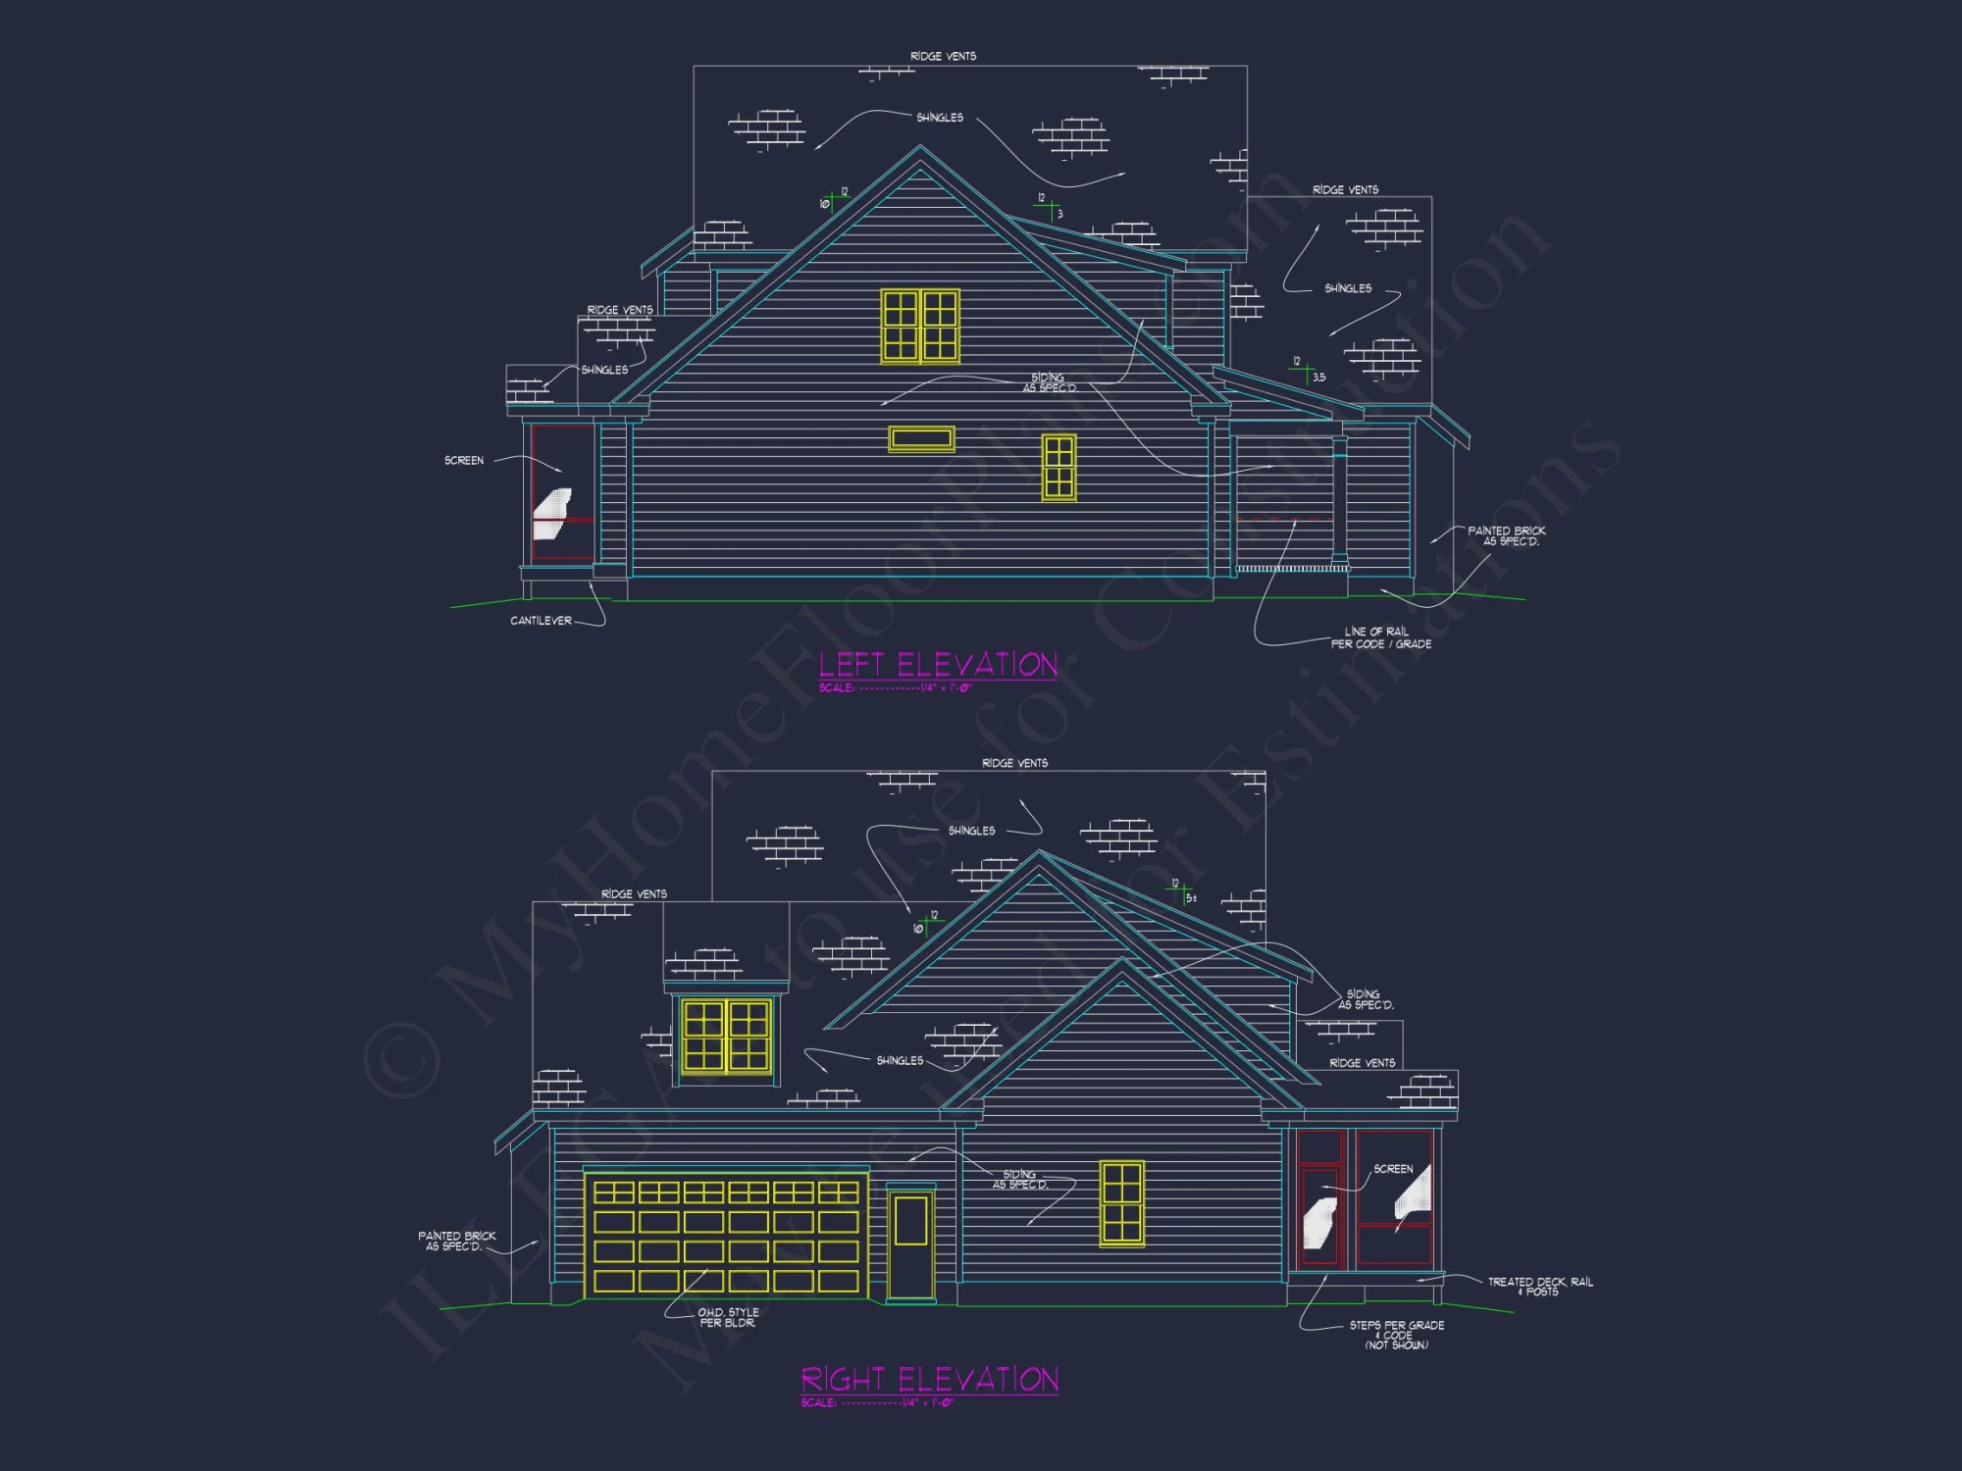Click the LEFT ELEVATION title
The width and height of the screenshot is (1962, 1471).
pyautogui.click(x=938, y=665)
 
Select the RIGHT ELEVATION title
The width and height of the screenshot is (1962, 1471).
pyautogui.click(x=929, y=1380)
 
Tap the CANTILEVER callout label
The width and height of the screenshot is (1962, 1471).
pyautogui.click(x=541, y=621)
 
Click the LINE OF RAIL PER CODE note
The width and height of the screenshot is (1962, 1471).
pyautogui.click(x=1380, y=638)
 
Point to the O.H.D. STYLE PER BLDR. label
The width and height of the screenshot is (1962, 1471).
pyautogui.click(x=728, y=1317)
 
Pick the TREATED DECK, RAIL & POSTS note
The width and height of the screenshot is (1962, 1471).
pyautogui.click(x=1540, y=1287)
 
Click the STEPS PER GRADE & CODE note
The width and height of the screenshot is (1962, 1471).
pyautogui.click(x=1396, y=1335)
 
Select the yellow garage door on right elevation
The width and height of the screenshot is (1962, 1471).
pyautogui.click(x=726, y=1237)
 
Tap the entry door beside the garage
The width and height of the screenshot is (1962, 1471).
pyautogui.click(x=911, y=1243)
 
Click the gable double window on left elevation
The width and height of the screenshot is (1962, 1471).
pyautogui.click(x=920, y=327)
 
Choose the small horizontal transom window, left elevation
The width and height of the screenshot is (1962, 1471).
pyautogui.click(x=921, y=438)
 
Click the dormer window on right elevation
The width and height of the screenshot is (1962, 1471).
pyautogui.click(x=727, y=1036)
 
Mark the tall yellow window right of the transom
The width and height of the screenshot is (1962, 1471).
pyautogui.click(x=1058, y=468)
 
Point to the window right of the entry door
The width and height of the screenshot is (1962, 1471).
pyautogui.click(x=1121, y=1203)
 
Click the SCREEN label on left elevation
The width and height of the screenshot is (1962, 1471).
pyautogui.click(x=464, y=460)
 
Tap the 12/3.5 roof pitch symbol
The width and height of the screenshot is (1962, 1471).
pyautogui.click(x=1307, y=371)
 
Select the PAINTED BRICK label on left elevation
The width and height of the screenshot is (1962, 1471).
pyautogui.click(x=1507, y=535)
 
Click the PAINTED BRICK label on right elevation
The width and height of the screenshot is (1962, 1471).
pyautogui.click(x=456, y=1242)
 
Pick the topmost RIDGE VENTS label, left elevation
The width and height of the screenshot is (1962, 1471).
pyautogui.click(x=943, y=56)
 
